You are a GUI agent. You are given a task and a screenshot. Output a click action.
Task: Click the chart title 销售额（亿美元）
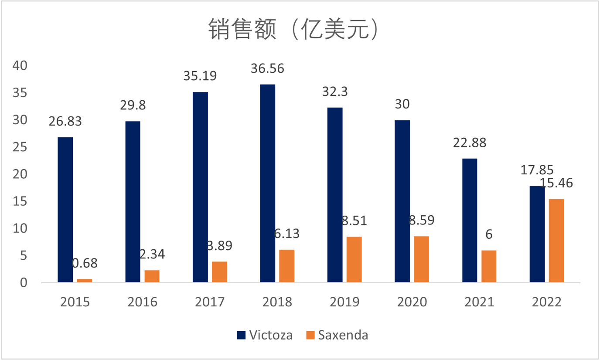(292, 30)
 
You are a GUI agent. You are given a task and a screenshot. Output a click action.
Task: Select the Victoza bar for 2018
(267, 183)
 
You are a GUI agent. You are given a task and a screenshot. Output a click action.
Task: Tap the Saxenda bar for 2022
(556, 241)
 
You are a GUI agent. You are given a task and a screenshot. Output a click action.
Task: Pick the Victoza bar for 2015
(65, 210)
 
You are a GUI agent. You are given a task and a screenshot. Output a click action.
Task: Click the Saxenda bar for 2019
(354, 259)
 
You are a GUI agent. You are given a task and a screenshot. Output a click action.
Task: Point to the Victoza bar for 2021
(470, 220)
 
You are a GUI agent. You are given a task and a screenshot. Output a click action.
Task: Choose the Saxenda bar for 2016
(152, 276)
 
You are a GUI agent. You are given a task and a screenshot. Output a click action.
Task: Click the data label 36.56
(267, 69)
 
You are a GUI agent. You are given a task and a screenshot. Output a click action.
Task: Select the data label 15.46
(556, 183)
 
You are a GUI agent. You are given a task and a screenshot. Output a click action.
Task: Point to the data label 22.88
(470, 143)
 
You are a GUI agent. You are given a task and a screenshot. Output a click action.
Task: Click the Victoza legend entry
(265, 335)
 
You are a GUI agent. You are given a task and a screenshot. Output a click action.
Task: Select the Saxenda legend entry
(337, 335)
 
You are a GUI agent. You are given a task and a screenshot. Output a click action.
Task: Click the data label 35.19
(200, 76)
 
